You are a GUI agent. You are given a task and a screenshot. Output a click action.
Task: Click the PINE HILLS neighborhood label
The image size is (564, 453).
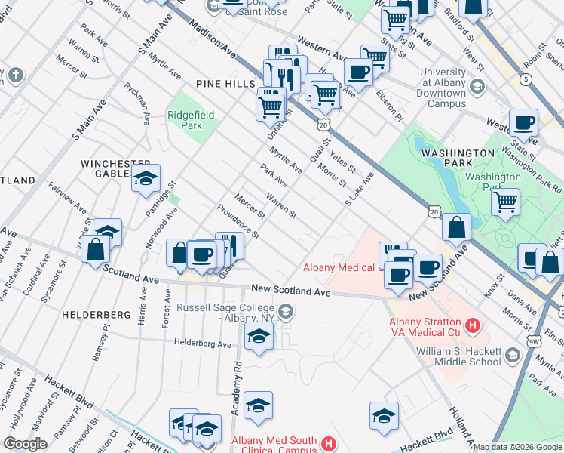click(225, 83)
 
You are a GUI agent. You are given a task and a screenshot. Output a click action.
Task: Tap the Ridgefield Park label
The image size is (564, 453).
click(191, 120)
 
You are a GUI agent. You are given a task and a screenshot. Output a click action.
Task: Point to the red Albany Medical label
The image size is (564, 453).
click(339, 267)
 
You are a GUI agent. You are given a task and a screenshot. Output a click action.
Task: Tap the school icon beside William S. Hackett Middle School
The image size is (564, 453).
click(513, 355)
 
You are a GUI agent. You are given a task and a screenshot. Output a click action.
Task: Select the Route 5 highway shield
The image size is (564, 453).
click(526, 79)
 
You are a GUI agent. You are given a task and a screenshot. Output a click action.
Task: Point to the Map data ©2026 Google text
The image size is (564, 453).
click(517, 447)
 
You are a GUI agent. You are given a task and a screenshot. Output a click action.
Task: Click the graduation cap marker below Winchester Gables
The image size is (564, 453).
click(146, 179)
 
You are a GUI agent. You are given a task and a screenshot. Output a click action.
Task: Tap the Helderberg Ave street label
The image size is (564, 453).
click(204, 344)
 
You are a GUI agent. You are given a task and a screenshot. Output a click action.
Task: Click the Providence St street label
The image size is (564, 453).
click(238, 221)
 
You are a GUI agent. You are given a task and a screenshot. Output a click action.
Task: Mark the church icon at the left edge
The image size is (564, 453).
click(16, 75)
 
